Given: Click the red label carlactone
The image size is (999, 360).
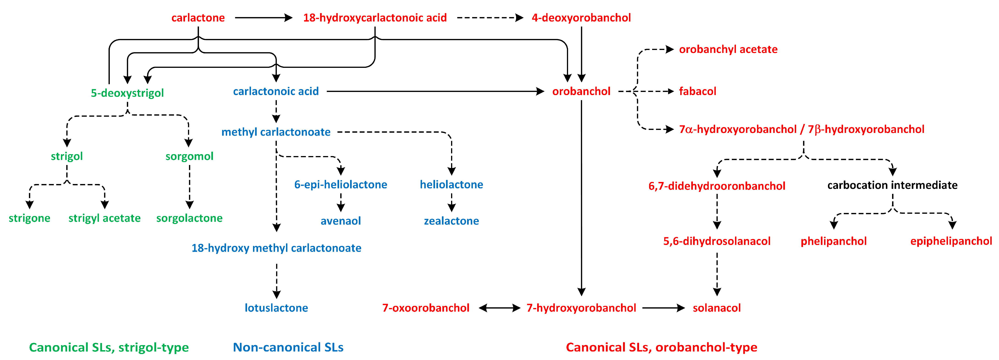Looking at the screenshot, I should (198, 18).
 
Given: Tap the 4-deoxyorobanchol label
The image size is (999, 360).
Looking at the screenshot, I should (581, 18).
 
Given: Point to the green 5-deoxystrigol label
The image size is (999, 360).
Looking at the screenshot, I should (127, 93).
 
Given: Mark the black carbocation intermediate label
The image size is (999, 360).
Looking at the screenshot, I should (892, 185).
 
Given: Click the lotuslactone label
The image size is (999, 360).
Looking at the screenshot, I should (276, 308).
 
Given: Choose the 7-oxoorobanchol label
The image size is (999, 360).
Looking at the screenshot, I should (426, 308).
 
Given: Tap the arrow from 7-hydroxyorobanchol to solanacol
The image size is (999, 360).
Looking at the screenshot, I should (663, 308).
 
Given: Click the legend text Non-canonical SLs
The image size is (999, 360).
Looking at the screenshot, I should (288, 347).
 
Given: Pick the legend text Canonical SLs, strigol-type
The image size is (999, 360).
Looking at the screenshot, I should (109, 347).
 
